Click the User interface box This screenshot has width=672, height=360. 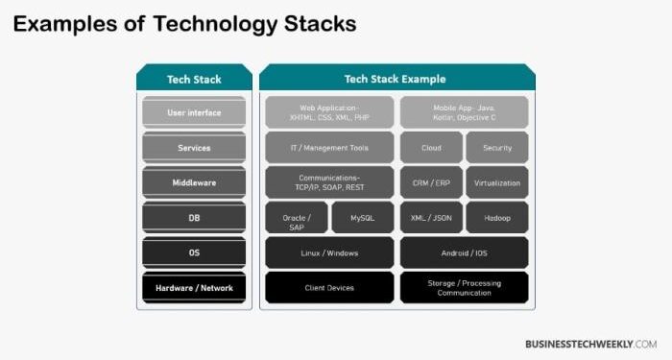194,113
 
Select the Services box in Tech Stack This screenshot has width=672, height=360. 194,148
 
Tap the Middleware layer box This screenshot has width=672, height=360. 194,182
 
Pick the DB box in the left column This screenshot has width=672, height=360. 194,218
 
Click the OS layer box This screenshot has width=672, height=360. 194,252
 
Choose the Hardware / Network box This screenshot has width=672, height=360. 194,287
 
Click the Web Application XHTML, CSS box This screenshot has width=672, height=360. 329,113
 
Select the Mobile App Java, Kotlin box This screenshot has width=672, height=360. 464,113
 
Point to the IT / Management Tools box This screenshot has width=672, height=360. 329,148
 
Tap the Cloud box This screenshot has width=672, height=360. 430,148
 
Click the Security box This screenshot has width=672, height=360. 497,148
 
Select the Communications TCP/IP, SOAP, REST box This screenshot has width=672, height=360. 329,182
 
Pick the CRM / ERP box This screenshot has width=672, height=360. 430,182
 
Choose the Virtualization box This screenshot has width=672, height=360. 497,182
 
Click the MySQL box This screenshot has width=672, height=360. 362,218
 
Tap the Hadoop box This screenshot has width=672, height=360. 497,218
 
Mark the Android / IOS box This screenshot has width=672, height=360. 464,252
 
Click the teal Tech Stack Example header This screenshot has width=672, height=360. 396,79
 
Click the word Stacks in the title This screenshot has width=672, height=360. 310,23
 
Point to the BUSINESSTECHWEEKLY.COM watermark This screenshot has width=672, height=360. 591,343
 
